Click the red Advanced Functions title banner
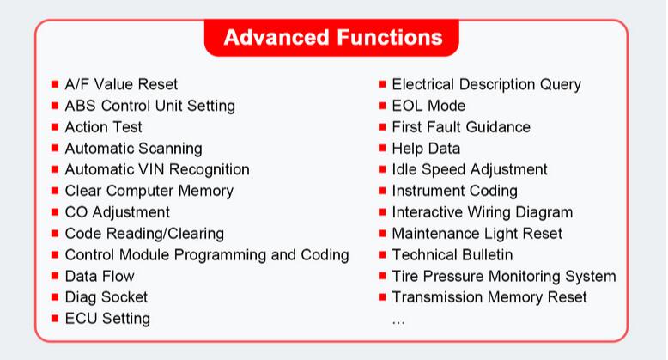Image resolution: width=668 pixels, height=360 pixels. point(331,38)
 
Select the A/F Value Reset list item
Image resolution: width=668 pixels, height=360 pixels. point(121,84)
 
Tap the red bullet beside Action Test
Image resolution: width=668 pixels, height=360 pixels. point(55,127)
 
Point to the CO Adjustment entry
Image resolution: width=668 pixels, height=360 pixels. point(117,212)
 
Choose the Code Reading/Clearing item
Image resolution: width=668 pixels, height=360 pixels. point(144,234)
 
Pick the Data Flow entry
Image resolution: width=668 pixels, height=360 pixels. point(100,277)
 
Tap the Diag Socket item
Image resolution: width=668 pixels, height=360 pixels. point(106,298)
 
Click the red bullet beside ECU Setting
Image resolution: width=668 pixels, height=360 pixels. point(55,318)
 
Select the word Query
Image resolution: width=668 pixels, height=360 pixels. point(561,84)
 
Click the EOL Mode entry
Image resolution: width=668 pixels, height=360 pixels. point(428,106)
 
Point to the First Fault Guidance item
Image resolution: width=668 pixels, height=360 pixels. point(461,127)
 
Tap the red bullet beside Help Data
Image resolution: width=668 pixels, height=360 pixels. point(382,148)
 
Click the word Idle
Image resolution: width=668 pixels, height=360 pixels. point(404,170)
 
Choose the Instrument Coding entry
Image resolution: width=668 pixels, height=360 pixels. point(454,191)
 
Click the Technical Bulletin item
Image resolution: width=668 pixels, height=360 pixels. point(452,255)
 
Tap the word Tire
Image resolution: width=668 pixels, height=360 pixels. point(405,277)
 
